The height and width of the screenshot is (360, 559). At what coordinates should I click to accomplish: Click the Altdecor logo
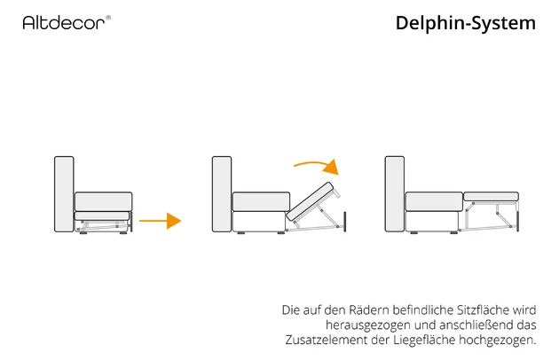67,21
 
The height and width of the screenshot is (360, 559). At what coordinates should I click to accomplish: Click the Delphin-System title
465,23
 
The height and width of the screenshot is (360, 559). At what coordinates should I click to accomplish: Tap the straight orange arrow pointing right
161,220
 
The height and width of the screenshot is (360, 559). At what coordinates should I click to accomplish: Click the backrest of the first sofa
64,194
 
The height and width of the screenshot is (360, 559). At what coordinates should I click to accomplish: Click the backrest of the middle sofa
222,194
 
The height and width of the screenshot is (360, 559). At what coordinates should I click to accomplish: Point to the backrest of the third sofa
395,194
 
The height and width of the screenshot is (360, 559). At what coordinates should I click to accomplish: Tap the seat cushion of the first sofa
102,201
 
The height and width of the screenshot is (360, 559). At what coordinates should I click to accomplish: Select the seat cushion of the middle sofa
261,201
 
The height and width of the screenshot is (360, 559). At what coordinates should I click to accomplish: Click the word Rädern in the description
358,311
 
